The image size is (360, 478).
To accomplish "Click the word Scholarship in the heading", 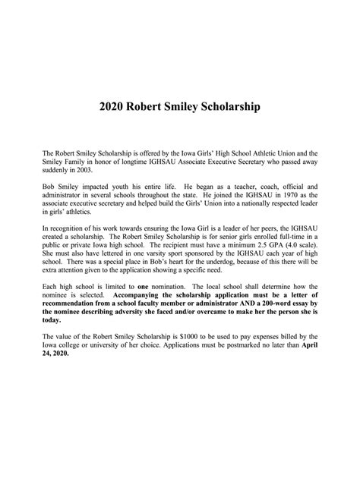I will [x=227, y=107].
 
